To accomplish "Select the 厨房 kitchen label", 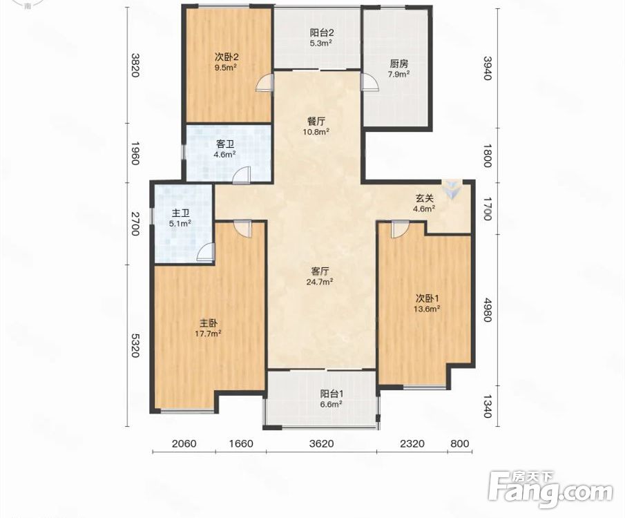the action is click(x=399, y=64).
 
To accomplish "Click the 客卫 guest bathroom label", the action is click(x=225, y=144).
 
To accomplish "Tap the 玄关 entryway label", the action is click(x=425, y=198).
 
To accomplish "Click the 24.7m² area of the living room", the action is click(x=320, y=282).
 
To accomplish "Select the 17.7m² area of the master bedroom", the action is click(x=208, y=334).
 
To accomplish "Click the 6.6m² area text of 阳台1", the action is click(x=331, y=404).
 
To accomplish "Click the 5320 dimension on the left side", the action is click(x=135, y=346).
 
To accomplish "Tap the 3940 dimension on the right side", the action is click(x=488, y=68).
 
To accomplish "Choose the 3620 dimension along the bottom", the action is click(x=321, y=443).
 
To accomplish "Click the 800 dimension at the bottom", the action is click(x=461, y=443).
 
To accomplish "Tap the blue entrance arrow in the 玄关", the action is click(x=452, y=189).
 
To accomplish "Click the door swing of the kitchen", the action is click(x=369, y=83).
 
